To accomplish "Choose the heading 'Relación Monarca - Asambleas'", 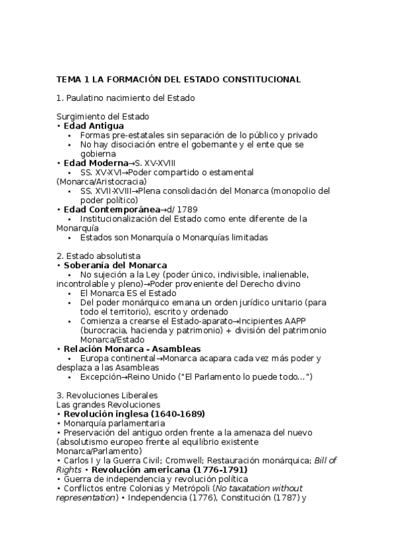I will tap(132, 349).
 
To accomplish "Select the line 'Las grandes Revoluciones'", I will tap(108, 404).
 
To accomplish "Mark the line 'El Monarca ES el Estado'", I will tap(129, 293).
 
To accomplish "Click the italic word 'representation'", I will tap(88, 497).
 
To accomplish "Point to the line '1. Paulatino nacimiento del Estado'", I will tap(125, 98).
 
